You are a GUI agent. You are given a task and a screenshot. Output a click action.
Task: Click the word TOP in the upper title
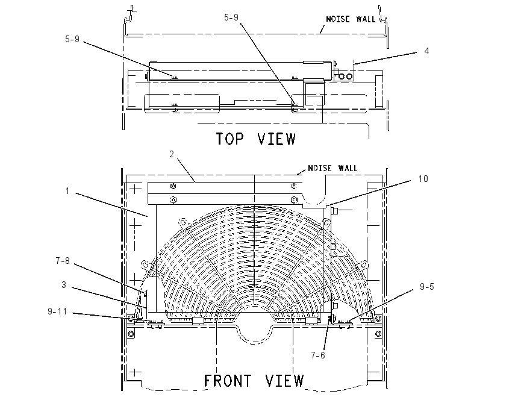tap(230, 139)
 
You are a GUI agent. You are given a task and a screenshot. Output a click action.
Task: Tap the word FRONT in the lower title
tap(228, 381)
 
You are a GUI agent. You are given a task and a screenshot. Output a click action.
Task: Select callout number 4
tap(426, 51)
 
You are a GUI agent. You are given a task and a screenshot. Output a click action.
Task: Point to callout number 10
tap(423, 179)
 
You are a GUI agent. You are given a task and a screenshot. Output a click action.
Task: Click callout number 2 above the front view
tap(172, 154)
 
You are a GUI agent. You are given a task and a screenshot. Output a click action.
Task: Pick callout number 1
tap(67, 191)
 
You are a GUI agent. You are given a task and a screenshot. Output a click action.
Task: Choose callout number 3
tap(64, 285)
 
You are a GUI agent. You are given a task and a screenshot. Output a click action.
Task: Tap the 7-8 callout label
tap(63, 261)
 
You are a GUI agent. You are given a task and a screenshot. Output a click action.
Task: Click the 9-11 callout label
tap(57, 311)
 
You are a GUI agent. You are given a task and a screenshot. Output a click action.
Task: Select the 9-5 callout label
tap(427, 287)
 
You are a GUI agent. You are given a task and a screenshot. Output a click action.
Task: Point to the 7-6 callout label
tap(318, 355)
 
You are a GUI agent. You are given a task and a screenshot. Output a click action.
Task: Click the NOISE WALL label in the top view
tap(351, 19)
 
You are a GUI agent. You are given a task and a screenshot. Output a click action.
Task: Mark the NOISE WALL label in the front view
tap(332, 168)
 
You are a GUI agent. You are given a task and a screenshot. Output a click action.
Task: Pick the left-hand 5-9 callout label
tap(72, 39)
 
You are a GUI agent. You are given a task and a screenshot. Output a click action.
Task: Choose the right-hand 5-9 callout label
tap(231, 17)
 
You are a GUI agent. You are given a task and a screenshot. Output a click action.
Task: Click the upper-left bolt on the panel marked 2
tap(173, 186)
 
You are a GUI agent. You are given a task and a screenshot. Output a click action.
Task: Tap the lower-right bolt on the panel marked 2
tap(293, 199)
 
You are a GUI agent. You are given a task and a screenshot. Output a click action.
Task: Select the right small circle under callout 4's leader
tap(349, 77)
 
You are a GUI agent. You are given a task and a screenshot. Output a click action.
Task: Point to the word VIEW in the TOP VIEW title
tap(276, 139)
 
